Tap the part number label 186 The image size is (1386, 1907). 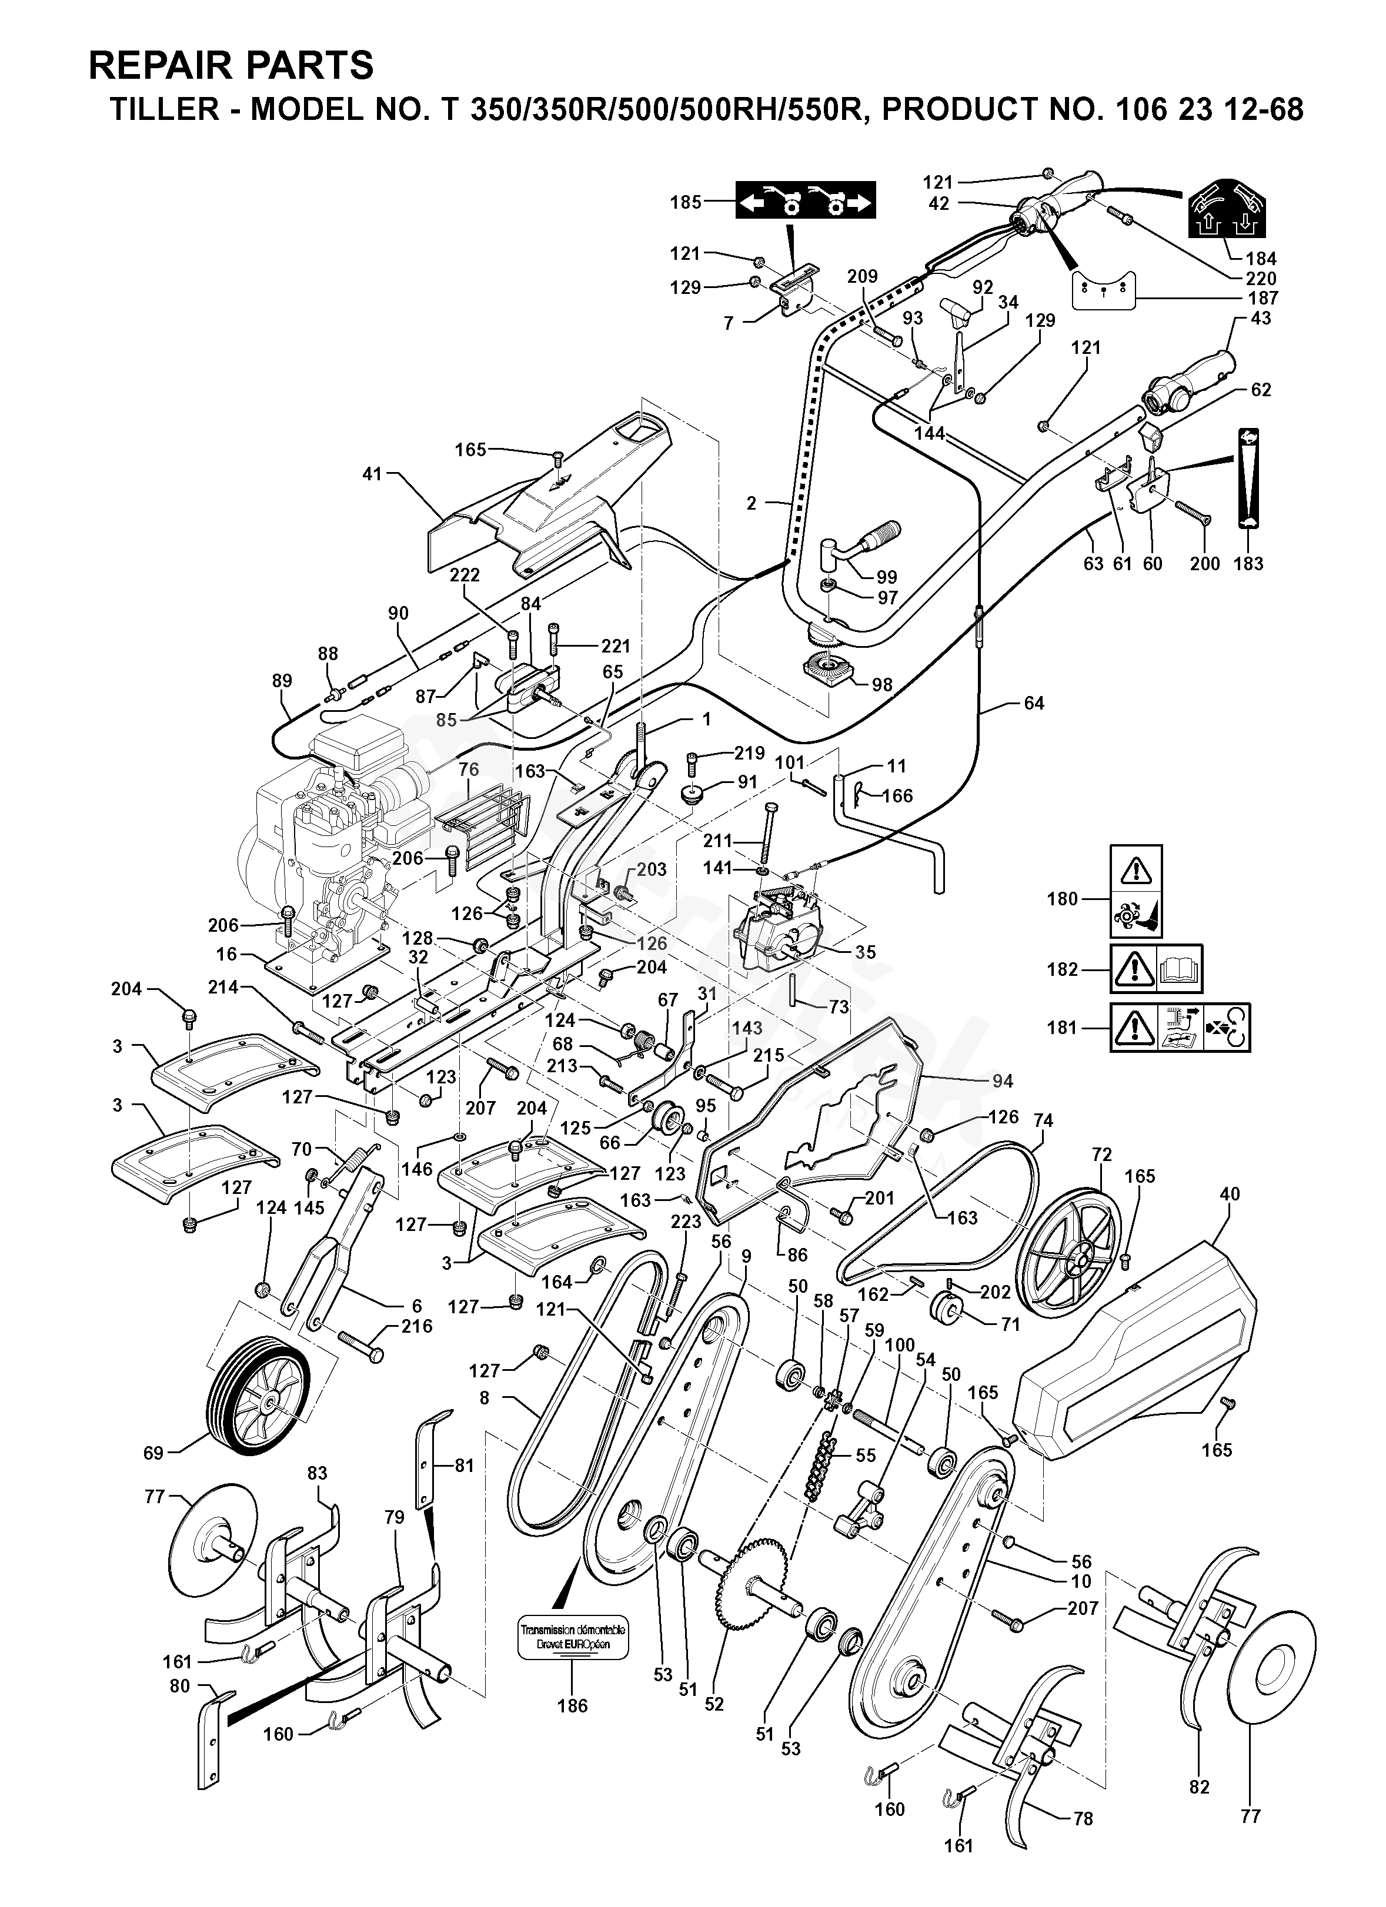point(572,1706)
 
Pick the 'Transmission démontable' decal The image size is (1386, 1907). point(572,1638)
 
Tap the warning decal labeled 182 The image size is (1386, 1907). point(1157,969)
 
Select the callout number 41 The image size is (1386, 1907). point(372,474)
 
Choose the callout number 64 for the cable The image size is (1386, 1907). point(1034,703)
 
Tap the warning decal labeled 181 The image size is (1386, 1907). point(1180,1026)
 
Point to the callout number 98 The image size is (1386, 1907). point(881,685)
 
